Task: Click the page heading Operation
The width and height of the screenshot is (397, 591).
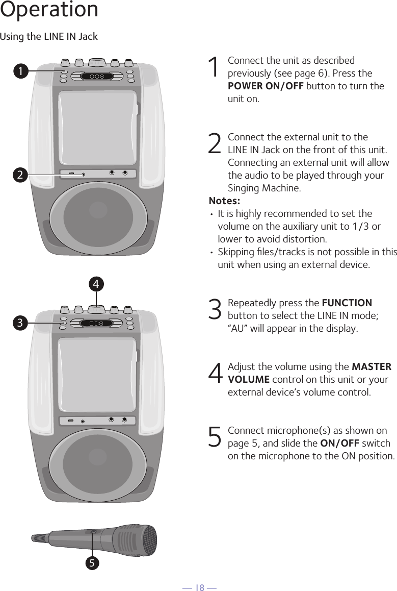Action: pos(49,10)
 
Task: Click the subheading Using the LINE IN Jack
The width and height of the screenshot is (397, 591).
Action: pos(49,37)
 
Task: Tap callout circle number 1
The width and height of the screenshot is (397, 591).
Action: pos(20,72)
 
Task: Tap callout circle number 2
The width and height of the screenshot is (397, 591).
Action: pos(20,175)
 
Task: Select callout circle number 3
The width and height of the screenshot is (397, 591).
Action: pos(20,323)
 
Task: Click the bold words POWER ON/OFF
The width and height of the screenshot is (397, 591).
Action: pos(266,86)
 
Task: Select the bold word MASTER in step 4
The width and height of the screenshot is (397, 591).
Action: pos(372,366)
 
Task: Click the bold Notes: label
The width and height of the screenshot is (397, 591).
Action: pos(224,201)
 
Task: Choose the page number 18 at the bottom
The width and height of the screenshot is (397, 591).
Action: pos(198,588)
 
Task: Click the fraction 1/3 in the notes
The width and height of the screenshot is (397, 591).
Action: pos(363,226)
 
